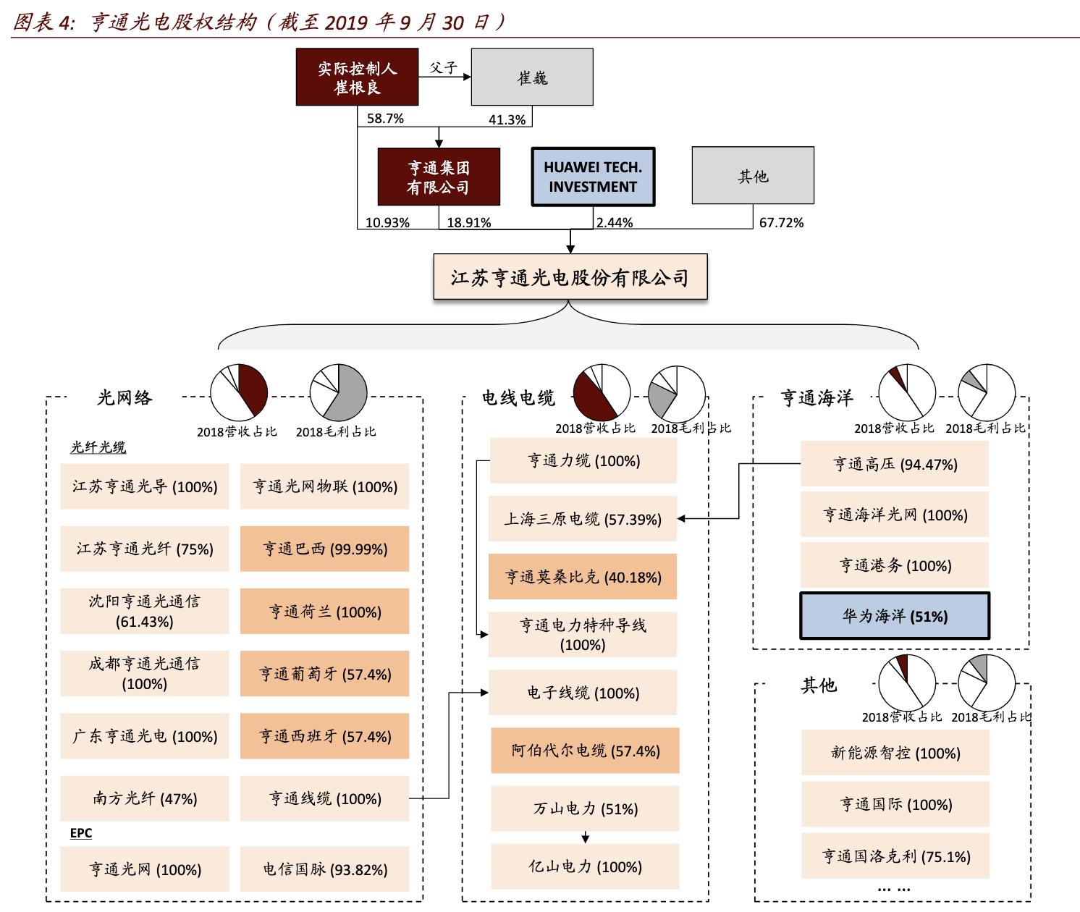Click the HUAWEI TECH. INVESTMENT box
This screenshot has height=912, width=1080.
tap(592, 177)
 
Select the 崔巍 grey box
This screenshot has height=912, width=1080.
tap(532, 77)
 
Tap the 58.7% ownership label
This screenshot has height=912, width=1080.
tap(385, 119)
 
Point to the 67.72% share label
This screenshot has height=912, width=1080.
tap(781, 223)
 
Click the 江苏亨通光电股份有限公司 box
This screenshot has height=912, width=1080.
tap(570, 277)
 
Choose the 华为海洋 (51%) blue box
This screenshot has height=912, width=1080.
tap(895, 616)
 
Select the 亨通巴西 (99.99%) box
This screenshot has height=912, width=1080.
tap(324, 549)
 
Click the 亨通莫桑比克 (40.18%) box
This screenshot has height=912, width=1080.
tap(583, 577)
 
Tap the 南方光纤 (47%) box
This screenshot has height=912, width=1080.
tap(145, 798)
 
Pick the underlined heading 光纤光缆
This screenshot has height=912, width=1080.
tap(98, 447)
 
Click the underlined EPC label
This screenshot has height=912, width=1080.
tap(81, 833)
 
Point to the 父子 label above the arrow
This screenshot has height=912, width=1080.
tap(443, 67)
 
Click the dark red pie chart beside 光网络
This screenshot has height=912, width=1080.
tap(240, 392)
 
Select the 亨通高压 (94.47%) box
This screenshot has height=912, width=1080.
tap(895, 464)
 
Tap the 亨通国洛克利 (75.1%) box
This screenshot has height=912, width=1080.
tap(895, 856)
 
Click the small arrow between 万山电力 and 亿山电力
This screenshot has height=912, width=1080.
tap(585, 837)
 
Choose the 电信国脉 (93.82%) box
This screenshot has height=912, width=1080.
tap(324, 869)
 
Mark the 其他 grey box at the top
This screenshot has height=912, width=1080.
tap(753, 176)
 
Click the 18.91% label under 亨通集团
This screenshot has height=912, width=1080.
tap(468, 223)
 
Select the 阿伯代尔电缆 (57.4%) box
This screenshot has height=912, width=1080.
tap(585, 751)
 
